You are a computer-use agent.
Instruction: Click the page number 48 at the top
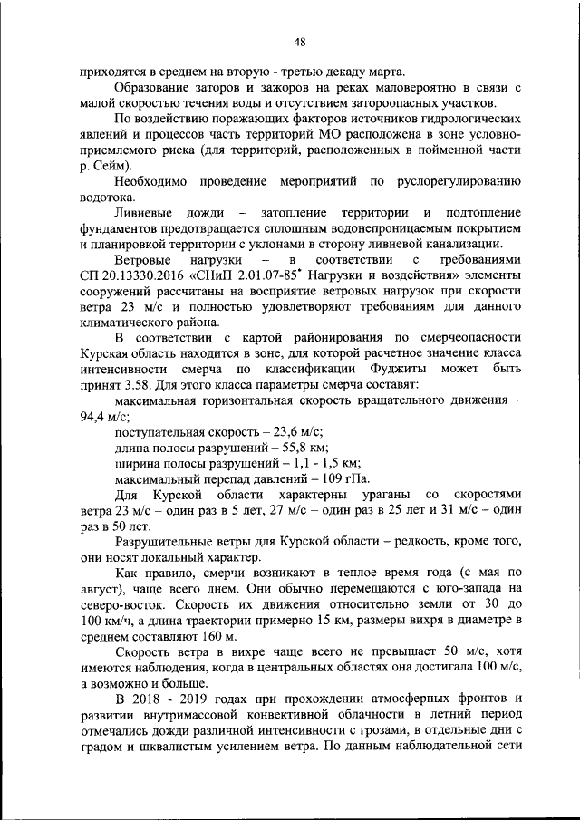[299, 40]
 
